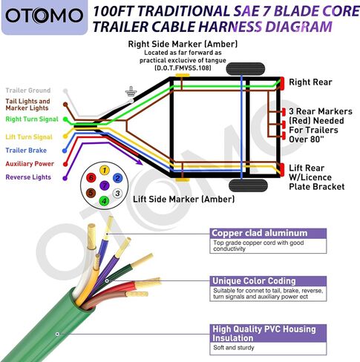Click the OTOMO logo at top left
[x=44, y=16]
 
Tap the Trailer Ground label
[x=28, y=90]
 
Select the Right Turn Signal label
[x=32, y=119]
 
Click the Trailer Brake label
[x=26, y=151]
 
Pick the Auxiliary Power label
[x=30, y=164]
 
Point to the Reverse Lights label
[x=28, y=177]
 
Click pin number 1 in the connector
[x=105, y=170]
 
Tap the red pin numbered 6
[x=91, y=177]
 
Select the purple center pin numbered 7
[x=105, y=185]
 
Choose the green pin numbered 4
[x=104, y=201]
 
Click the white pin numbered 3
[x=117, y=194]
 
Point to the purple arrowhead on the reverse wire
[x=139, y=162]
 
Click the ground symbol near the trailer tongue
[x=131, y=91]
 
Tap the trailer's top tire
[x=246, y=69]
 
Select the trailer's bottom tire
[x=248, y=185]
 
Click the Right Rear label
[x=310, y=82]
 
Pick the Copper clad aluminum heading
[x=260, y=233]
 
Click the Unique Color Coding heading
[x=254, y=281]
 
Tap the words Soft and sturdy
[x=234, y=348]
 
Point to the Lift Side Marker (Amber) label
[x=183, y=200]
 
